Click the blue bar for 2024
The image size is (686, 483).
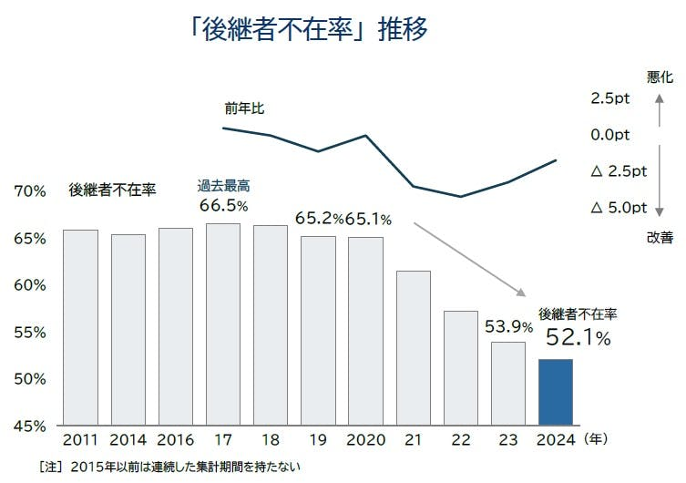pos(556,392)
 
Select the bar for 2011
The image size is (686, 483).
pos(80,328)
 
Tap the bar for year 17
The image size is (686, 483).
pos(223,324)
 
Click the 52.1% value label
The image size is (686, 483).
pos(578,338)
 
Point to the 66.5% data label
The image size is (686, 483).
pos(223,205)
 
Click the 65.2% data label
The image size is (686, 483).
pos(319,219)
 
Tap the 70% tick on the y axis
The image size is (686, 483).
pos(30,191)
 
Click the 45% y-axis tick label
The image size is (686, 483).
pos(30,426)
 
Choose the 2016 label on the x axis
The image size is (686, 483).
pos(176,440)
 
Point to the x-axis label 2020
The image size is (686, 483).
pos(366,440)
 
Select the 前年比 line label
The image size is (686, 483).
pos(243,108)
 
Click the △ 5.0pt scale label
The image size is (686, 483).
pos(619,208)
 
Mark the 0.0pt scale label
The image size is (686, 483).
pos(610,135)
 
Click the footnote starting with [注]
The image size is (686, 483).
pos(169,467)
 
